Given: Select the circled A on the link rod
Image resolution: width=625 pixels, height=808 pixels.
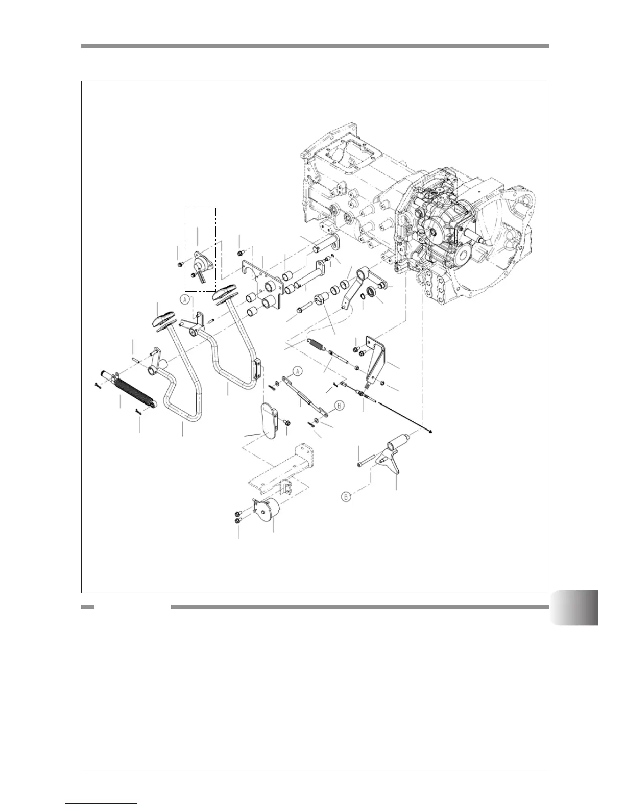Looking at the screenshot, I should (298, 371).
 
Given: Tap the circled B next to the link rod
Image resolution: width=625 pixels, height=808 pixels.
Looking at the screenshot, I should (340, 406).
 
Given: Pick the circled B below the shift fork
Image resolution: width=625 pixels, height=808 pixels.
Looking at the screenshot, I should (347, 496).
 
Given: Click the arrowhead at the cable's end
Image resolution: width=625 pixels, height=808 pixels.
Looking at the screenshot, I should (432, 432).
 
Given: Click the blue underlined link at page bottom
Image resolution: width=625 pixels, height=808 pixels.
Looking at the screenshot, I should (102, 804).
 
